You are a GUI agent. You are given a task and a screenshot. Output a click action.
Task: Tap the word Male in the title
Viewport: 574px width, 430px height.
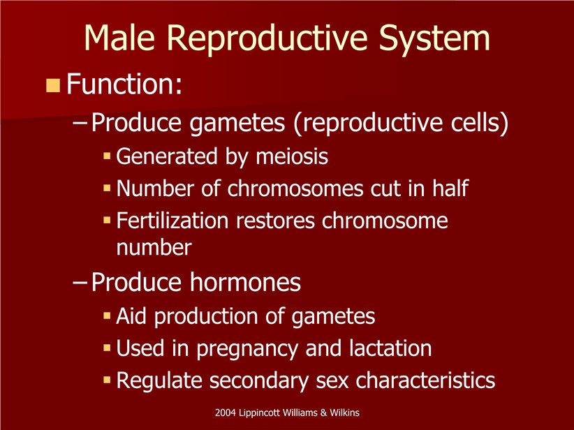pyautogui.click(x=119, y=38)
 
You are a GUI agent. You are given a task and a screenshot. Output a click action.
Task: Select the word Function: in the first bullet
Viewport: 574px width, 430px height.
pyautogui.click(x=124, y=84)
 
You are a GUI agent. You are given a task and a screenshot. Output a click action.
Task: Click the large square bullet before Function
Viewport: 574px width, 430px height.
pyautogui.click(x=53, y=85)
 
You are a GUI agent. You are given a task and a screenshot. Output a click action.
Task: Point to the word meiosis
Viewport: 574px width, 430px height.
pyautogui.click(x=292, y=156)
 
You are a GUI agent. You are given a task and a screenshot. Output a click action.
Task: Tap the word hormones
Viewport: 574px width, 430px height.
pyautogui.click(x=245, y=282)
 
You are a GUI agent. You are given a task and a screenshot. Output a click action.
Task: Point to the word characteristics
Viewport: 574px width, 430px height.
pyautogui.click(x=425, y=380)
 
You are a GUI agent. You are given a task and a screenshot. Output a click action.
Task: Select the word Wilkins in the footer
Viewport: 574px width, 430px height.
pyautogui.click(x=344, y=413)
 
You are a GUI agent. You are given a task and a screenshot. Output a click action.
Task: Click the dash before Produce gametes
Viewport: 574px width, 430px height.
pyautogui.click(x=80, y=124)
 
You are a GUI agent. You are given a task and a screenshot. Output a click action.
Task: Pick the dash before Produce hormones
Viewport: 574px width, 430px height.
pyautogui.click(x=80, y=283)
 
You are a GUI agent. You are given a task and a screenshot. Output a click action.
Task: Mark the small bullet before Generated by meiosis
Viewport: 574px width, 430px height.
pyautogui.click(x=107, y=156)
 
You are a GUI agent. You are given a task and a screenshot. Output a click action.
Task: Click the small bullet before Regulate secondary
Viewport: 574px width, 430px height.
pyautogui.click(x=107, y=380)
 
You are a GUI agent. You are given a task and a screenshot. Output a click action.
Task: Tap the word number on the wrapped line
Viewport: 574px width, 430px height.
pyautogui.click(x=154, y=247)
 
